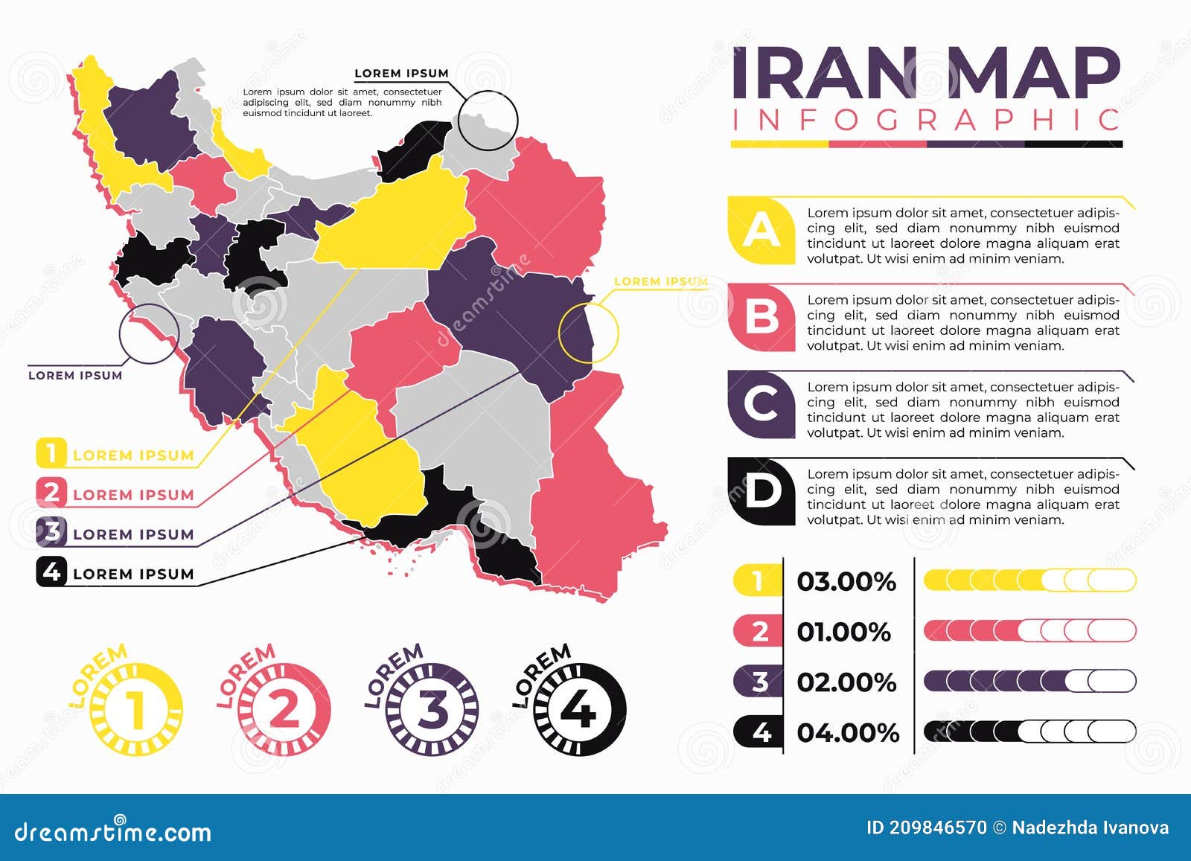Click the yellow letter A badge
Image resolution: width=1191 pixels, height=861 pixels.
(761, 231)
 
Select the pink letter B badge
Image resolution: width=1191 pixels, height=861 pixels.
(761, 318)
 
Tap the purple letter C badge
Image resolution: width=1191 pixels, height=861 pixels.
(761, 404)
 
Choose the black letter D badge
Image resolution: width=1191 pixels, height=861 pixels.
(761, 491)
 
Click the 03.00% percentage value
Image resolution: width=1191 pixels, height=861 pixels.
(846, 581)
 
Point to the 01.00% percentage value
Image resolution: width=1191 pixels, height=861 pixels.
(843, 632)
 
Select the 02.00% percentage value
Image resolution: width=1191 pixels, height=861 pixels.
(846, 682)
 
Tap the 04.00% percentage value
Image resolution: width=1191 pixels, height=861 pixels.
(848, 732)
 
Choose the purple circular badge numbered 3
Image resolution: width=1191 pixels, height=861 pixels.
(432, 709)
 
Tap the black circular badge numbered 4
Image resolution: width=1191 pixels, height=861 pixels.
(580, 709)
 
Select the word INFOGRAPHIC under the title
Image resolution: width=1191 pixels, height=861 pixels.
(926, 121)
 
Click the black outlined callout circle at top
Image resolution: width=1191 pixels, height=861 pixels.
(488, 121)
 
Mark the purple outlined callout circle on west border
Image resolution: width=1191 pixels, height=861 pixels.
(149, 334)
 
